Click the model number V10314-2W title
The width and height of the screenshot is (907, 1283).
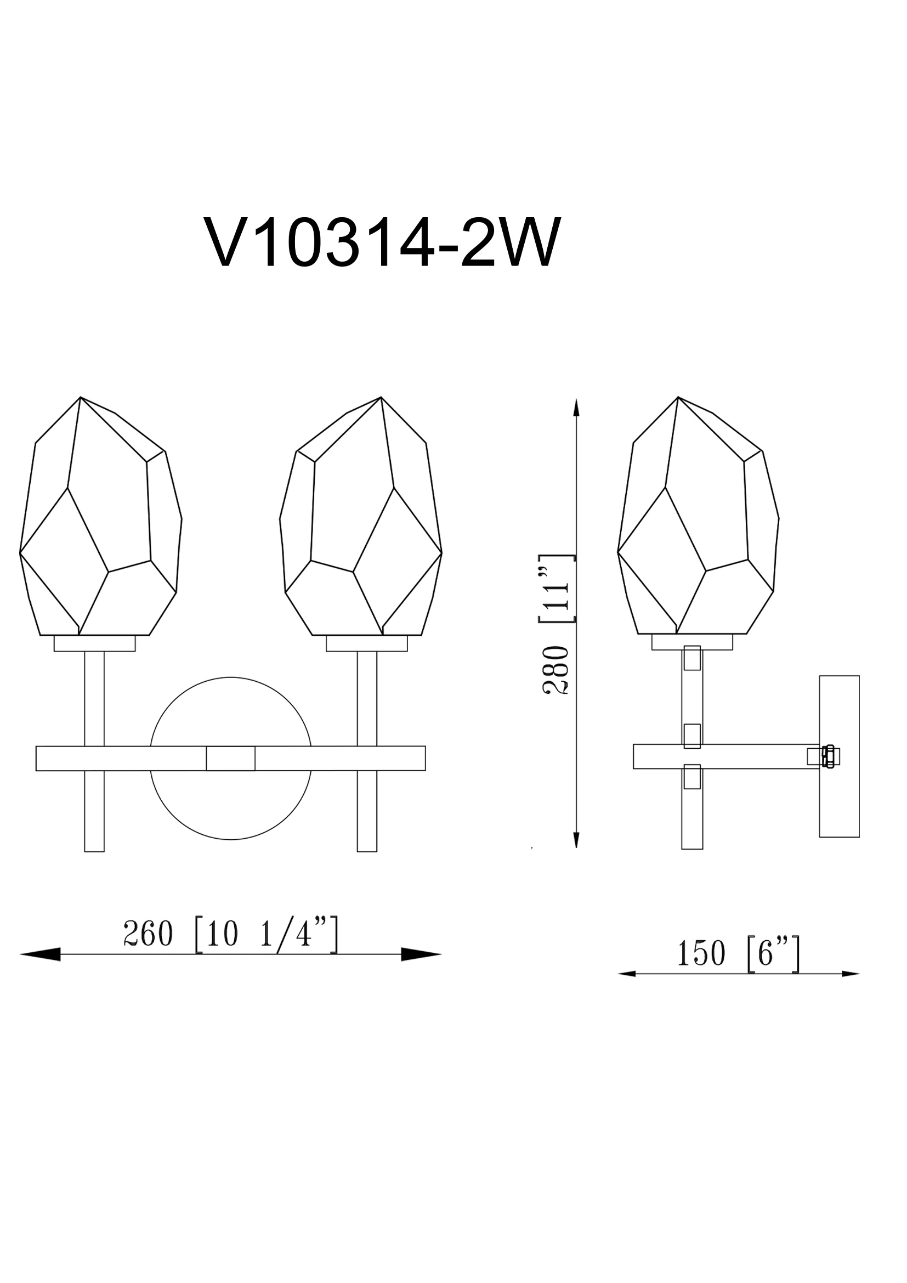coord(382,243)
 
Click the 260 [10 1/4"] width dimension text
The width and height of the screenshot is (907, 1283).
coord(230,934)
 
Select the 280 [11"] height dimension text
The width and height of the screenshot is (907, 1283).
coord(556,625)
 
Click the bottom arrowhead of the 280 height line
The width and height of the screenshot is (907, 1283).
coord(576,856)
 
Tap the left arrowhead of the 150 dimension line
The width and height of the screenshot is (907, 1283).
coord(627,974)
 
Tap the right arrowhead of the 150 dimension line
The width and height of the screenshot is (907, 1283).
coord(851,974)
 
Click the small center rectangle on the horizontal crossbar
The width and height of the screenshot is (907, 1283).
coord(231,758)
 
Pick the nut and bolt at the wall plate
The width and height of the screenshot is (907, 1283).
coord(829,756)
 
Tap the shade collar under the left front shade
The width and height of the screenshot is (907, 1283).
coord(94,643)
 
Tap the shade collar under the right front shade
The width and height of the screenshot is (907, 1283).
coord(366,643)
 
